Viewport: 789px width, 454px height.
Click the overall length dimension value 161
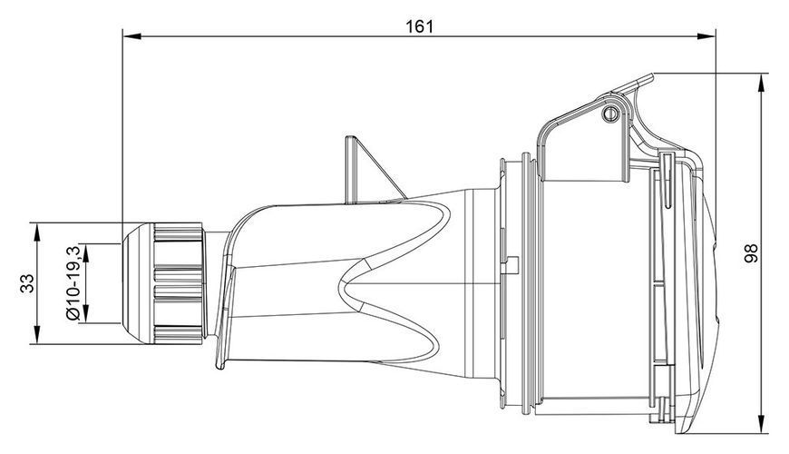[x=419, y=26]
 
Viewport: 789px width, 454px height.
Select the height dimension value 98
[x=751, y=253]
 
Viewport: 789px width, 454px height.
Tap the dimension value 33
[x=27, y=283]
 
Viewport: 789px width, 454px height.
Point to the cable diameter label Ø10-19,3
[x=73, y=282]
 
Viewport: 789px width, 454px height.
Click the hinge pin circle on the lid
[x=610, y=113]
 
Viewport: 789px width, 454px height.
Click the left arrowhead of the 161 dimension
[x=132, y=36]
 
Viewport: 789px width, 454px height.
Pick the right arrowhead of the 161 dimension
[x=706, y=36]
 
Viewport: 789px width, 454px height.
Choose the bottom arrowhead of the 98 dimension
[x=764, y=423]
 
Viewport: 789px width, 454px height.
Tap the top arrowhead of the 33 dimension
[x=37, y=232]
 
